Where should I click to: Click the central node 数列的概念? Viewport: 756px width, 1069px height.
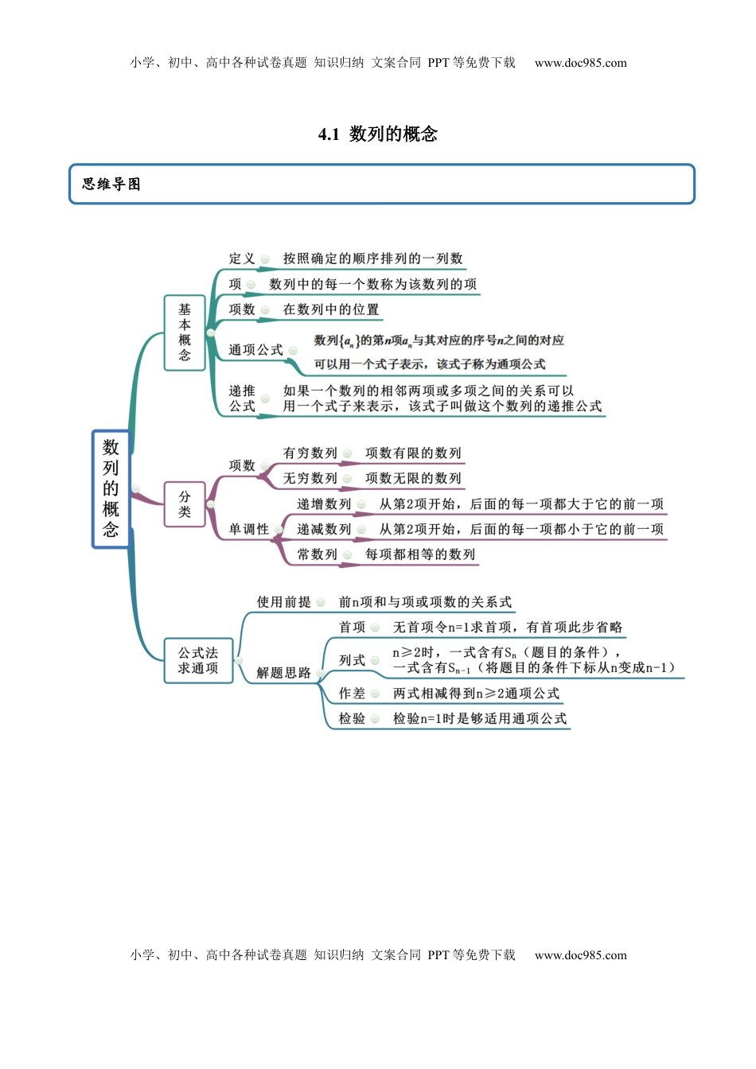coord(111,488)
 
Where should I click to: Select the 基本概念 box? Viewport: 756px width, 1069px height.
coord(185,332)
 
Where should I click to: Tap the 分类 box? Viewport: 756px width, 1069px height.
coord(185,504)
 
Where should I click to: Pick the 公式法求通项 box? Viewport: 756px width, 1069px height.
coord(198,660)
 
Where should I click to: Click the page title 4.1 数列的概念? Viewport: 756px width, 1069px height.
coord(378,134)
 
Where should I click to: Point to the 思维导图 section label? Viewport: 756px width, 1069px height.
coord(111,184)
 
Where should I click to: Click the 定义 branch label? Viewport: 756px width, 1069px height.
coord(242,259)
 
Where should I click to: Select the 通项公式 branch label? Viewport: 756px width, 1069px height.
coord(255,350)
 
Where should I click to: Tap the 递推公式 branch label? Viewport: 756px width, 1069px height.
coord(242,398)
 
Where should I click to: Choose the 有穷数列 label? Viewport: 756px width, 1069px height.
coord(310,453)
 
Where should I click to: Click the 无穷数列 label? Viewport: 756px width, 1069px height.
coord(310,478)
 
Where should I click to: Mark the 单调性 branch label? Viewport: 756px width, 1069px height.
coord(249,529)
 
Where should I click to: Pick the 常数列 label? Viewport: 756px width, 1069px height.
coord(317,554)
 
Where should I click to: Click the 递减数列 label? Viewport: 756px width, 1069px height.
coord(324,529)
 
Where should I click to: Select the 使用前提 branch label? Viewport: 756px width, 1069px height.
coord(283,602)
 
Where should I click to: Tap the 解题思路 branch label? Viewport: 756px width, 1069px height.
coord(283,673)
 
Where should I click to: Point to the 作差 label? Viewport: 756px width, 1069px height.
coord(352,694)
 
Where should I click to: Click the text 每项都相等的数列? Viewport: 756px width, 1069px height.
coord(420,554)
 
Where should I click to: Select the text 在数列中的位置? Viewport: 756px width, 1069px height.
coord(331,309)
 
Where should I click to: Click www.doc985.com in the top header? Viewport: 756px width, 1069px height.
coord(580,63)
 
